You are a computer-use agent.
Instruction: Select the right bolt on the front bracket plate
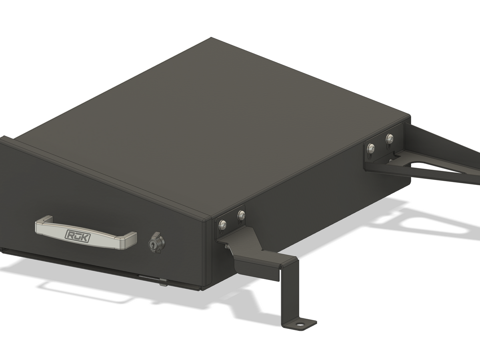pyautogui.click(x=241, y=215)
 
